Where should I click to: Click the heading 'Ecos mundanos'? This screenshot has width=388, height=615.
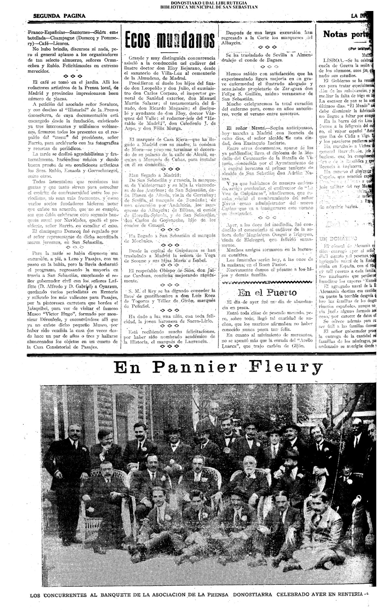tap(170, 40)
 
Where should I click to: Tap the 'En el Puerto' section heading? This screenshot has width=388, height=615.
tap(267, 293)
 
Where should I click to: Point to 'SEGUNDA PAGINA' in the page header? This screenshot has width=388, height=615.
tap(59, 16)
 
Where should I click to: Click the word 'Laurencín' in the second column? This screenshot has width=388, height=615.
tap(201, 342)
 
